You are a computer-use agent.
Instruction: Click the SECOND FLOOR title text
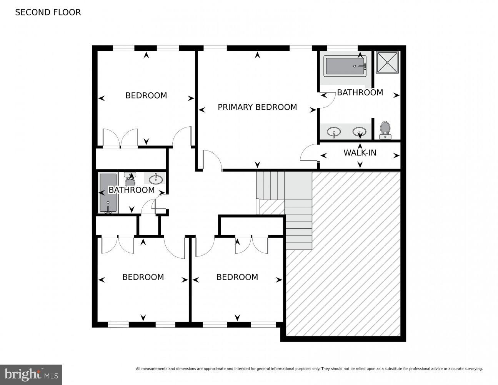pyautogui.click(x=48, y=12)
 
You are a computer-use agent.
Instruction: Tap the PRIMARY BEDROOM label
pyautogui.click(x=257, y=107)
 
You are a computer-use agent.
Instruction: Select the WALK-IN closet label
pyautogui.click(x=360, y=153)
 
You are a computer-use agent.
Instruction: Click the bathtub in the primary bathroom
pyautogui.click(x=345, y=66)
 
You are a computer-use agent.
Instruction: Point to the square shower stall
pyautogui.click(x=387, y=62)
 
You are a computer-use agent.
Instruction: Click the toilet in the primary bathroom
pyautogui.click(x=385, y=130)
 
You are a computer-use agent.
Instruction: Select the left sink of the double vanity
pyautogui.click(x=334, y=132)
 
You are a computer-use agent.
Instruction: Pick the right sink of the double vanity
pyautogui.click(x=360, y=132)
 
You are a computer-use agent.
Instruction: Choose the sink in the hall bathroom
pyautogui.click(x=156, y=178)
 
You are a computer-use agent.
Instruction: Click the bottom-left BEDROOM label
pyautogui.click(x=143, y=277)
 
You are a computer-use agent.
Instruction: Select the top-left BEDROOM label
pyautogui.click(x=146, y=95)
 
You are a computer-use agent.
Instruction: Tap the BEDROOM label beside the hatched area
pyautogui.click(x=237, y=277)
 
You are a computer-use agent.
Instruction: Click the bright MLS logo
pyautogui.click(x=31, y=374)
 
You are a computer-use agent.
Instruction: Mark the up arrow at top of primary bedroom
pyautogui.click(x=257, y=56)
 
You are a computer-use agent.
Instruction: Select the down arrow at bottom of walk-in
pyautogui.click(x=360, y=165)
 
